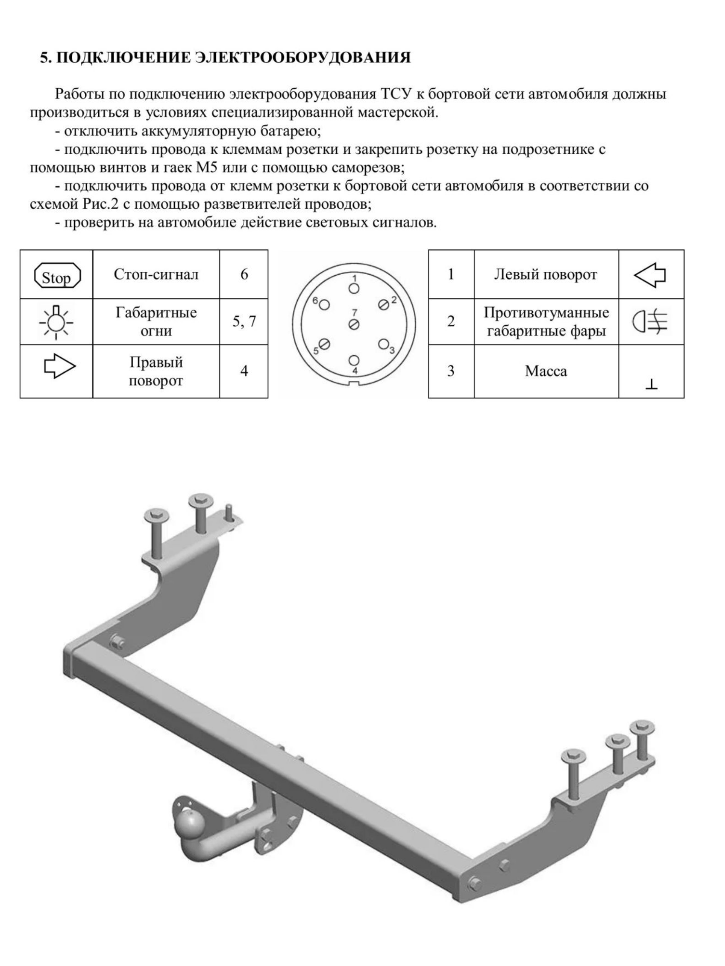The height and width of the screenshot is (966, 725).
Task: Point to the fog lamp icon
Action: [x=650, y=322]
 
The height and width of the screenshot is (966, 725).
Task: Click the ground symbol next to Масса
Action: [x=651, y=384]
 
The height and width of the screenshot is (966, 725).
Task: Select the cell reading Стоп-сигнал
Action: [x=156, y=275]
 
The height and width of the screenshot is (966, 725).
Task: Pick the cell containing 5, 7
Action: [x=244, y=322]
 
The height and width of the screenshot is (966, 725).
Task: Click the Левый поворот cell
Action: [x=545, y=275]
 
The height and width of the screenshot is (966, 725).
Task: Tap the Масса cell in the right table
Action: [x=546, y=371]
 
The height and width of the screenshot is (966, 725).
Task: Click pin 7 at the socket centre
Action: [x=354, y=324]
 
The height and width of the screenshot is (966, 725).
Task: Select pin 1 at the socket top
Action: [x=354, y=288]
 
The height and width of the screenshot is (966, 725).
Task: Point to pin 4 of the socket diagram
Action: [x=354, y=360]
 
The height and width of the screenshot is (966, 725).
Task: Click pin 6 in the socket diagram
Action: [x=324, y=304]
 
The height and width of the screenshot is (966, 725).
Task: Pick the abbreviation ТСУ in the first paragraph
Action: [x=396, y=94]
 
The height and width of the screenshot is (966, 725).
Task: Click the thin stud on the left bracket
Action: [x=228, y=512]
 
